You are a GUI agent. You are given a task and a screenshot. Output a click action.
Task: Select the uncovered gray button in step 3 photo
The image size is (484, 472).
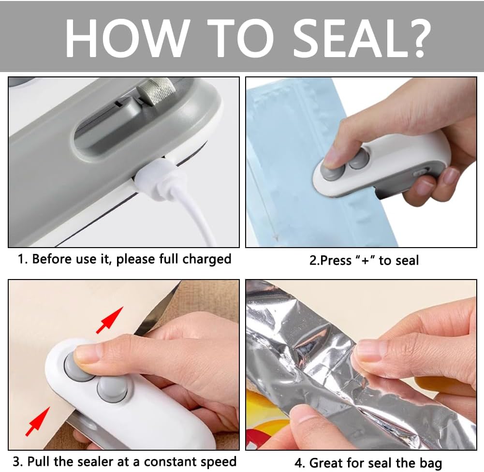[x=113, y=389]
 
